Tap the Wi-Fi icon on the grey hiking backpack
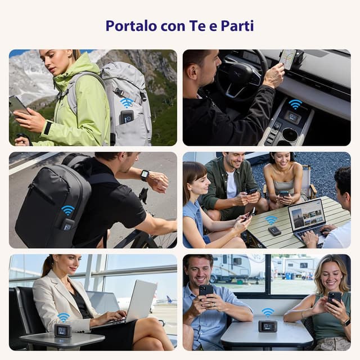click(x=127, y=102)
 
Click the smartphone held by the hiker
click(x=17, y=104)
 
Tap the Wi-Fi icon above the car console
click(x=295, y=104)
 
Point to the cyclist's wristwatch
click(x=145, y=175)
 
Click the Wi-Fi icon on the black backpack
click(x=67, y=210)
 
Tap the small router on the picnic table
click(x=274, y=231)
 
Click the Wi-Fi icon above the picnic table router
click(x=271, y=219)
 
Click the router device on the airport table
click(x=62, y=331)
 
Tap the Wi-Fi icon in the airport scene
click(x=64, y=317)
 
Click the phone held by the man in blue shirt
click(x=206, y=291)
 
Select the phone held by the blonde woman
click(x=335, y=298)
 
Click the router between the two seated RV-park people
click(x=267, y=326)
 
